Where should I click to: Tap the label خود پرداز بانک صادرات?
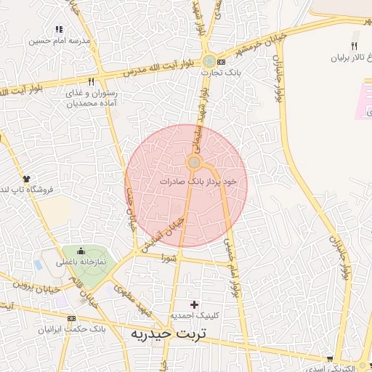tap(198, 180)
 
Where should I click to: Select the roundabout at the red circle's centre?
tap(194, 161)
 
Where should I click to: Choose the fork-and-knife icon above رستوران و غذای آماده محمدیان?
tap(91, 82)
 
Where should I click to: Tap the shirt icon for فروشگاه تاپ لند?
tap(27, 178)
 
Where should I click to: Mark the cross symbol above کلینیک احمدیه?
tap(193, 303)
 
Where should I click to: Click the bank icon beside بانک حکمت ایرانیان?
tap(70, 319)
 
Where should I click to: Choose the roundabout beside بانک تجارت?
tap(209, 62)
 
